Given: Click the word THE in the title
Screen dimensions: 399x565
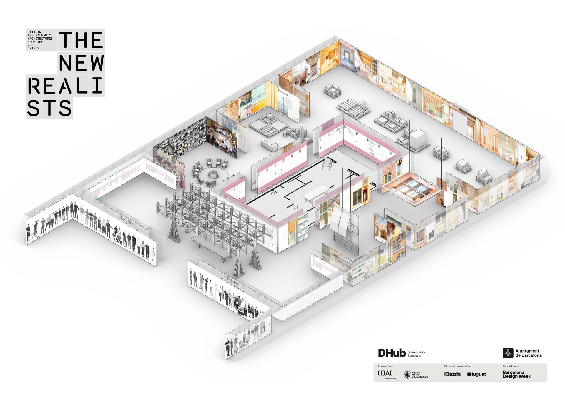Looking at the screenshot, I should (x=81, y=40).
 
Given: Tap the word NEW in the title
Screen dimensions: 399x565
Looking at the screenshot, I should (x=81, y=62).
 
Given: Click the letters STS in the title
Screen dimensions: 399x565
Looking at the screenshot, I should (x=49, y=108).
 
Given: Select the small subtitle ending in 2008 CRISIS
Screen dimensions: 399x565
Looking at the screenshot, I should (x=40, y=40).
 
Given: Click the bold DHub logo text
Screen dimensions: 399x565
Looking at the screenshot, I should (x=392, y=353).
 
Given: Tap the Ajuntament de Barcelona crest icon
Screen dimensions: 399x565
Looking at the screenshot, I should (x=508, y=353).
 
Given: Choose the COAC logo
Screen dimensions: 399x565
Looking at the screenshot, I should (x=385, y=373).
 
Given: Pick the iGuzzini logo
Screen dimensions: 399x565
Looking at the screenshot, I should (x=453, y=374).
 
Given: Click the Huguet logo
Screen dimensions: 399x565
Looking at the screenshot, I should (x=476, y=374).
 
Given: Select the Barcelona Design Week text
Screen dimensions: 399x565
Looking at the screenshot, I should (x=516, y=374).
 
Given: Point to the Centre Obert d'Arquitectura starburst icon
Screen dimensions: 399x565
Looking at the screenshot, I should (x=407, y=374).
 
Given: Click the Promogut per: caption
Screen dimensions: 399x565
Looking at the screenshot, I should (x=385, y=366).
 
